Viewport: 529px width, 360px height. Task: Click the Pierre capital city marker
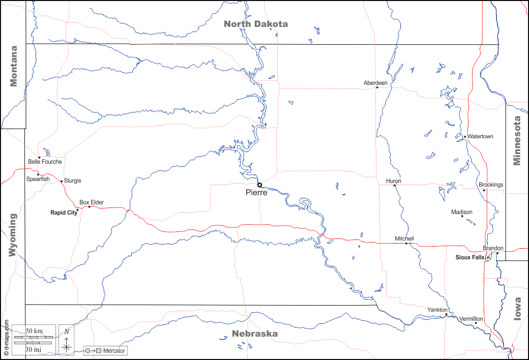click(x=259, y=185)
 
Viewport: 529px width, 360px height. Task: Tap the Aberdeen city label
click(x=375, y=82)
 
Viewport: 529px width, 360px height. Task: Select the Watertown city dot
click(x=465, y=136)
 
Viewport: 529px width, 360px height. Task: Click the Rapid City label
click(x=64, y=213)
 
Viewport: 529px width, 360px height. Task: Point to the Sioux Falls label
click(x=470, y=257)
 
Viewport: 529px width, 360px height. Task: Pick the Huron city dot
click(x=394, y=185)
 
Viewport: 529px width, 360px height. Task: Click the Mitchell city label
click(x=404, y=238)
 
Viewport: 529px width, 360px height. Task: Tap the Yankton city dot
click(x=446, y=314)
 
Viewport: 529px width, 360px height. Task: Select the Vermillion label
click(x=471, y=319)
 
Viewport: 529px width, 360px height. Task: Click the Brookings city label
click(x=491, y=185)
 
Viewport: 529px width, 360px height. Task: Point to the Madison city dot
click(x=462, y=216)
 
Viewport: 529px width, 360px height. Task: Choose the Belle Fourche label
click(x=45, y=162)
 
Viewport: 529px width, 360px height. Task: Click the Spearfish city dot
click(x=38, y=174)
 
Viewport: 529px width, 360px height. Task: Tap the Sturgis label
click(x=72, y=181)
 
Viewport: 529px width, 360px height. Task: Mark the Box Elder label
click(x=92, y=202)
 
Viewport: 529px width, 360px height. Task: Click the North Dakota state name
click(x=256, y=24)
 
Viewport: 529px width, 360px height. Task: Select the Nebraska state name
click(x=255, y=334)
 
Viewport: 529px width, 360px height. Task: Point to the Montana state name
click(x=14, y=66)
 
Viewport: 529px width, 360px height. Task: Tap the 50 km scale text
click(x=34, y=331)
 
